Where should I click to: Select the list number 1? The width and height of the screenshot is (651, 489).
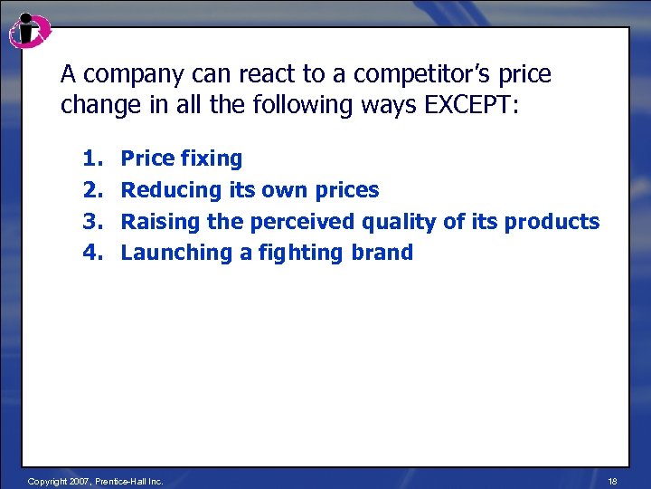pos(91,158)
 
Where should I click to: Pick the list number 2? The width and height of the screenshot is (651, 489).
pos(91,190)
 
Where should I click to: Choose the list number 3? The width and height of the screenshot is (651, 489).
pos(91,221)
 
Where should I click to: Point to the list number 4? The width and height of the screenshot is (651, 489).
pos(91,253)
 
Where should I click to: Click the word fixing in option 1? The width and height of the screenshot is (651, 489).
pos(212,159)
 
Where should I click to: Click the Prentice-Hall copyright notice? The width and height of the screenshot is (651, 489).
pos(96,481)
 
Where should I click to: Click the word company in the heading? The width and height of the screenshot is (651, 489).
pos(124,73)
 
